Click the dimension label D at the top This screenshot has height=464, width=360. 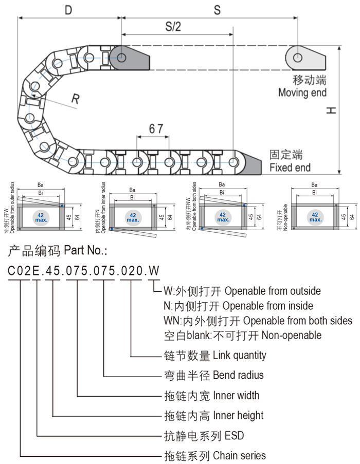point(68,10)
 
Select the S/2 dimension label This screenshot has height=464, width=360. point(173,27)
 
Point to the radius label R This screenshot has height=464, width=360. point(75,99)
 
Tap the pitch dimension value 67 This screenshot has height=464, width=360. point(156,129)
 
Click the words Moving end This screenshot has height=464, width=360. point(302,93)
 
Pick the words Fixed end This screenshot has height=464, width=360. point(290,168)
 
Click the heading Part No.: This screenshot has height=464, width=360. point(85,251)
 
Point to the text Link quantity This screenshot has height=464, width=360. point(240,355)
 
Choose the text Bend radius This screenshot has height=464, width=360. point(238,375)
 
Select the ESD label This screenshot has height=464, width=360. point(234,436)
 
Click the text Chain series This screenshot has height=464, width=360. point(239,455)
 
